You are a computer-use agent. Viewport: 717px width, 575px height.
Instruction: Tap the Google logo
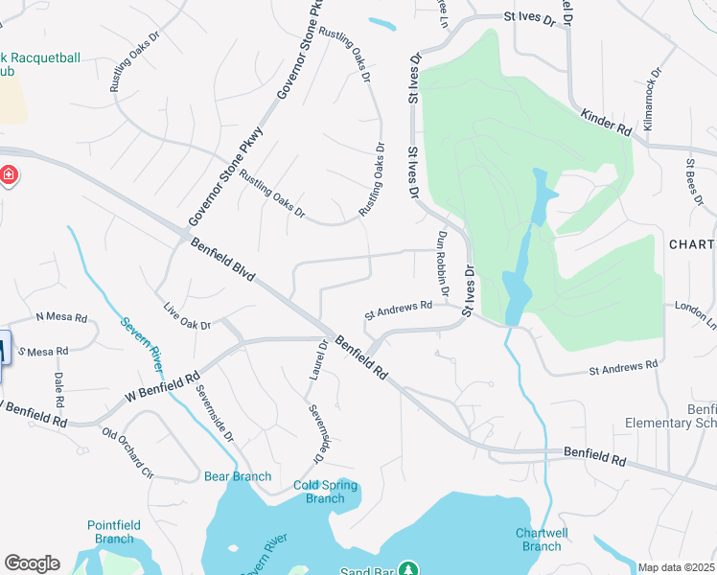point(32,563)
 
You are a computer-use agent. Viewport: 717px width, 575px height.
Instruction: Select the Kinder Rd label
point(606,122)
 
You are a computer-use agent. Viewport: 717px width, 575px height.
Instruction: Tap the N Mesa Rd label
point(61,317)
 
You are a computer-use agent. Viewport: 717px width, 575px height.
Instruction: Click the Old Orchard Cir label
point(127,452)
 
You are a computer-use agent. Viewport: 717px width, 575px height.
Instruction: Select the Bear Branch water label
point(238,476)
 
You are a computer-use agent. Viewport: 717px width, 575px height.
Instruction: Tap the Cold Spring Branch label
point(325,492)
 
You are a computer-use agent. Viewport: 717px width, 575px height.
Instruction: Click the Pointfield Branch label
point(114,532)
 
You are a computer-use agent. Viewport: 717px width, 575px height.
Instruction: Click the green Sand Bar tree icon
point(407,568)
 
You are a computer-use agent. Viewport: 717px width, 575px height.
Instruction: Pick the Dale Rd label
point(58,388)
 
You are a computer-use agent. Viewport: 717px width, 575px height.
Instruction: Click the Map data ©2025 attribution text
point(677,568)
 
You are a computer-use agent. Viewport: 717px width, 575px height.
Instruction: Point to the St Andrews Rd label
point(397,310)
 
